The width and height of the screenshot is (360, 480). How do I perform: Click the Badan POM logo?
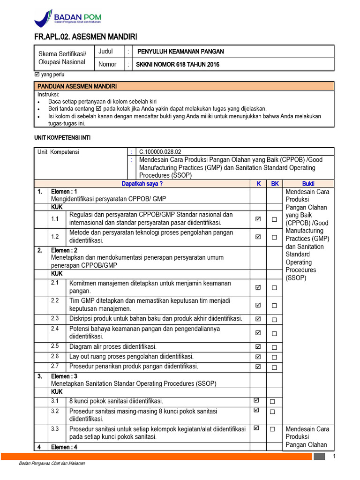click(67, 19)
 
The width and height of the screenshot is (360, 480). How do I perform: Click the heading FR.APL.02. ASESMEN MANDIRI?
click(86, 37)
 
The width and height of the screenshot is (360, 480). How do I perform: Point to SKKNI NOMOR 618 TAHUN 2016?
click(178, 65)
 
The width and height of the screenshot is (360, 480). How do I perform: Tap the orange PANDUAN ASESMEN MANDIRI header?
click(78, 86)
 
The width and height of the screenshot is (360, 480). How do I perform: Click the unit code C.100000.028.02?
click(160, 152)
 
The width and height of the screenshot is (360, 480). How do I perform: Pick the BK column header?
click(274, 183)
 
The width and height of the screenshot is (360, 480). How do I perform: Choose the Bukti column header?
click(308, 183)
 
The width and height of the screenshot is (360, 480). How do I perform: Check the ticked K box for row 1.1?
click(258, 219)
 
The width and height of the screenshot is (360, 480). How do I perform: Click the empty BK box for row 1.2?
click(274, 238)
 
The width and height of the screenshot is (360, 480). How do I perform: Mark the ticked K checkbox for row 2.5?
click(258, 347)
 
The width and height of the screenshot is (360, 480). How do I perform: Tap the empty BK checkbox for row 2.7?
click(274, 367)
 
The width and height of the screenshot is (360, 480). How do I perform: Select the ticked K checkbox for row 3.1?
click(256, 401)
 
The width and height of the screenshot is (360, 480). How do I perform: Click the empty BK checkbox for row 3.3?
click(272, 429)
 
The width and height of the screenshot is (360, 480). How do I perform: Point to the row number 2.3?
click(55, 318)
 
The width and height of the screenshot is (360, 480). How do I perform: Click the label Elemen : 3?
click(64, 376)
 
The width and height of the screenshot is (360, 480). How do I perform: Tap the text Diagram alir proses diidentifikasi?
click(112, 347)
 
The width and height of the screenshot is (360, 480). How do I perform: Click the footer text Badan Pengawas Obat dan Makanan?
click(52, 464)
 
